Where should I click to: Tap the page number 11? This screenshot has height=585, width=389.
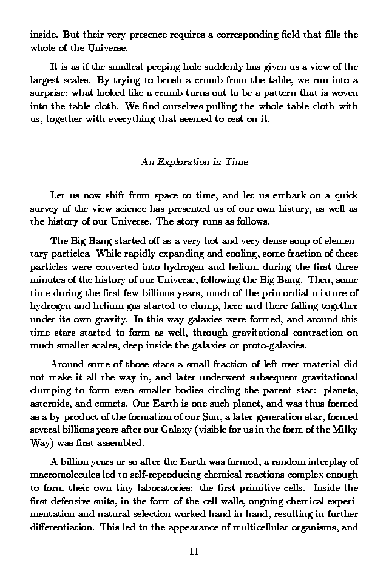(194, 552)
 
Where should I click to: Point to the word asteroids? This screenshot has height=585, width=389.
(49, 403)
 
